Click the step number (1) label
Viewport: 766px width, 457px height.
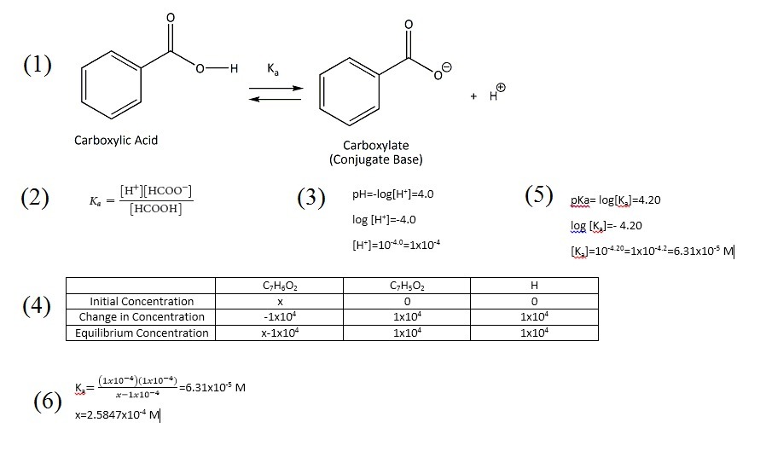[38, 65]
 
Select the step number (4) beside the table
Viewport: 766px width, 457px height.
[38, 306]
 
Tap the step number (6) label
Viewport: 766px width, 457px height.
[49, 401]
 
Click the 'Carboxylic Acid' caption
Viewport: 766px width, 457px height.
[116, 140]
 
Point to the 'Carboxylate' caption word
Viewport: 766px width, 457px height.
[375, 146]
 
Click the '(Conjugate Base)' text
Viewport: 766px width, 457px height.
[375, 159]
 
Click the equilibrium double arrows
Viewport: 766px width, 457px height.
[276, 94]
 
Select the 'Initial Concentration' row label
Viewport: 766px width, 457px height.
[141, 301]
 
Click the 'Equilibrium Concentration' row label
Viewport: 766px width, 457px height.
[141, 333]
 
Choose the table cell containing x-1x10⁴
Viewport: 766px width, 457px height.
[279, 333]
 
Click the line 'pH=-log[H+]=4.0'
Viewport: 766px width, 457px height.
[392, 194]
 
